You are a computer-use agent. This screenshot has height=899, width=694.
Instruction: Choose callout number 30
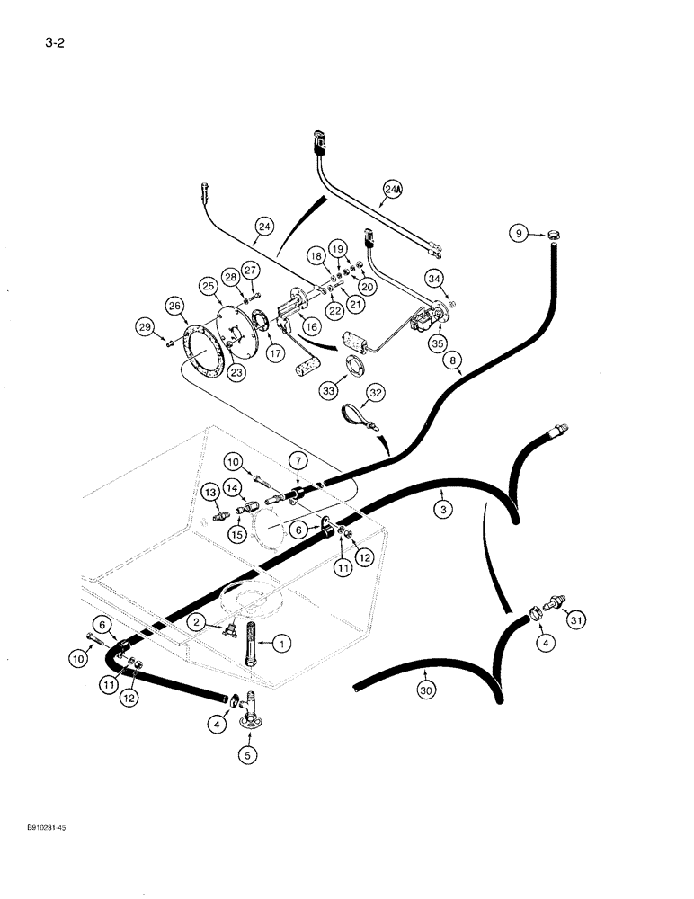point(424,690)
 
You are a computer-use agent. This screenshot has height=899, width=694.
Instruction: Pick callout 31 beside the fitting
point(575,619)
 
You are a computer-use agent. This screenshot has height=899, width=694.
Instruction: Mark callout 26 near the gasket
point(175,306)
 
